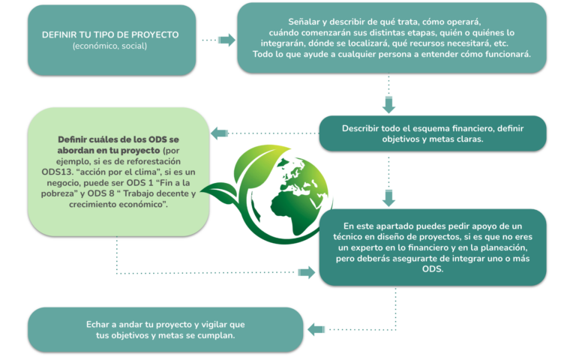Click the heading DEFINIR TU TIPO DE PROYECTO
pyautogui.click(x=110, y=35)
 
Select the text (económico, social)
pyautogui.click(x=109, y=46)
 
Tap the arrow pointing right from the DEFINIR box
pyautogui.click(x=226, y=40)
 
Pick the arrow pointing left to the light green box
pyautogui.click(x=219, y=133)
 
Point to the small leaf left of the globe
pyautogui.click(x=220, y=191)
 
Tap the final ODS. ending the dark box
pyautogui.click(x=433, y=269)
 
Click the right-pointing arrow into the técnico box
pyautogui.click(x=306, y=272)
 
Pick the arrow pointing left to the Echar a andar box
pyautogui.click(x=316, y=329)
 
